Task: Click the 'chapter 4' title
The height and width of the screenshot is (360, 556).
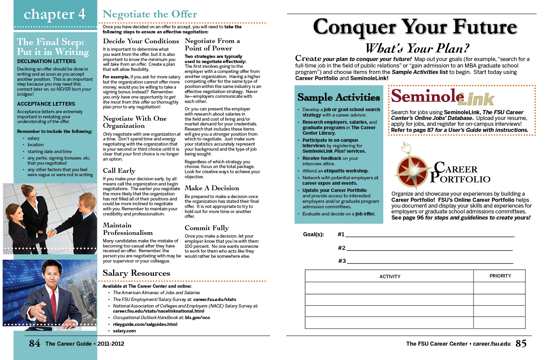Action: pyautogui.click(x=55, y=14)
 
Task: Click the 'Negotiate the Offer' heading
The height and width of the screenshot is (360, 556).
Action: pyautogui.click(x=150, y=14)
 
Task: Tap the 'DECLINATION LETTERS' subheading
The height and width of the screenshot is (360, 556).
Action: pyautogui.click(x=46, y=61)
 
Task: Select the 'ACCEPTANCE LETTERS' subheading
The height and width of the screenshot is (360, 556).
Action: pyautogui.click(x=46, y=104)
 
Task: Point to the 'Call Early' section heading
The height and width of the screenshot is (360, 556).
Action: pyautogui.click(x=119, y=170)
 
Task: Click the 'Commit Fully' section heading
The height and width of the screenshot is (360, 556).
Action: pyautogui.click(x=206, y=228)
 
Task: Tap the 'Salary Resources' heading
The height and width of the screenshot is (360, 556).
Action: pyautogui.click(x=136, y=273)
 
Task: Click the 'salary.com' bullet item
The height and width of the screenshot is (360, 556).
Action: pyautogui.click(x=124, y=331)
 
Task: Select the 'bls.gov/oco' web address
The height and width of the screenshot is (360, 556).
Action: pyautogui.click(x=197, y=317)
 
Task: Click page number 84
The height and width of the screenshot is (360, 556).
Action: pyautogui.click(x=34, y=343)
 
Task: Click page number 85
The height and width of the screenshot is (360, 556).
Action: pyautogui.click(x=521, y=343)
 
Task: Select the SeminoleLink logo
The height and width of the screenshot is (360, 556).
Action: pyautogui.click(x=442, y=97)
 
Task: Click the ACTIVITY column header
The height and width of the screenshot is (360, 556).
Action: pyautogui.click(x=390, y=276)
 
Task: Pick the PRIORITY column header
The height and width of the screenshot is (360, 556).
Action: pyautogui.click(x=500, y=276)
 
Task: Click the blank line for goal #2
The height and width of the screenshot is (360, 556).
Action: pyautogui.click(x=429, y=248)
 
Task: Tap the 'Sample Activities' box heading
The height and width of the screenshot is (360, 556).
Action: pyautogui.click(x=338, y=97)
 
